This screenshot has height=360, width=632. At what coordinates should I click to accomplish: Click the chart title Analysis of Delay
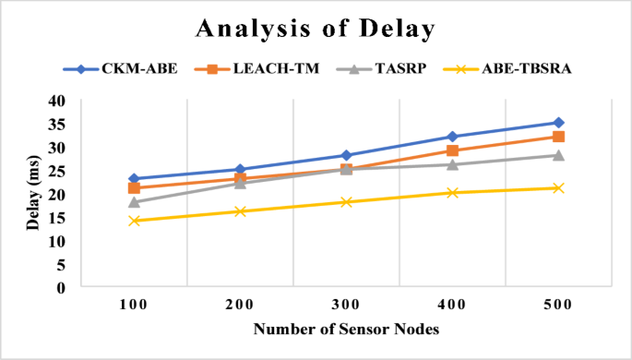[316, 29]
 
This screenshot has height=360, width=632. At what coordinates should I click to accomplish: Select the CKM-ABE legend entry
[123, 68]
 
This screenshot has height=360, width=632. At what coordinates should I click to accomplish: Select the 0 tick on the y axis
[61, 287]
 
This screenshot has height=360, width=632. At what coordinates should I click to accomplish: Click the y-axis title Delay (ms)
[32, 194]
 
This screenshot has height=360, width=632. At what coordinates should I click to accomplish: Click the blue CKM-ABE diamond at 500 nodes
[558, 123]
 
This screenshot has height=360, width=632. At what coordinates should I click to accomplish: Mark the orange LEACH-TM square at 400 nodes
[452, 150]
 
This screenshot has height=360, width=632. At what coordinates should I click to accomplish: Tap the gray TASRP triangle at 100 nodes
[134, 202]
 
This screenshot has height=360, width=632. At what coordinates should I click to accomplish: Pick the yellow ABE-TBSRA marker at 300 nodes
[346, 202]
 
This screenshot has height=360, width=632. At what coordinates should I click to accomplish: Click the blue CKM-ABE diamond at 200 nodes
[240, 170]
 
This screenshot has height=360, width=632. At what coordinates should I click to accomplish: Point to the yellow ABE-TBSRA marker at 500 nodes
[558, 188]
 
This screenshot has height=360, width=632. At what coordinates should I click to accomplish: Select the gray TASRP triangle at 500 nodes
[558, 155]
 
